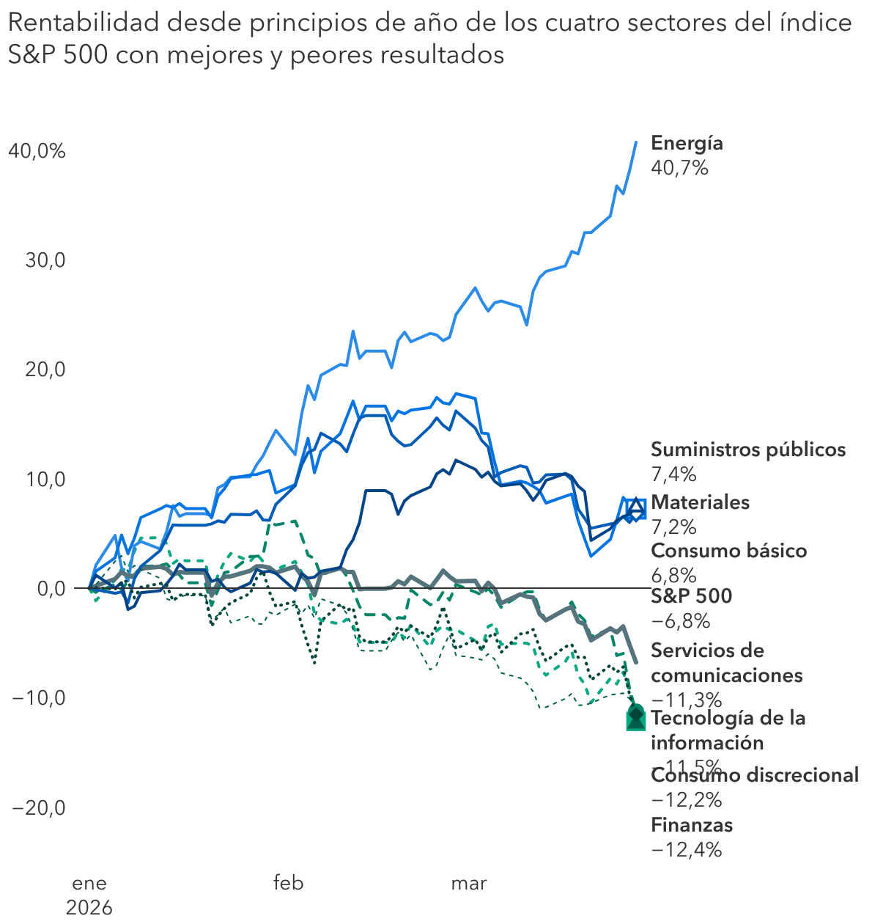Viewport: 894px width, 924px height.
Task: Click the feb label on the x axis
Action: pyautogui.click(x=288, y=883)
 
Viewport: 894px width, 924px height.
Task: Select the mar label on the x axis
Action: pyautogui.click(x=468, y=883)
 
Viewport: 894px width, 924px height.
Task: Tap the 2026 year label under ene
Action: pyautogui.click(x=89, y=908)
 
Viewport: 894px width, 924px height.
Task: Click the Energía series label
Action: pyautogui.click(x=687, y=143)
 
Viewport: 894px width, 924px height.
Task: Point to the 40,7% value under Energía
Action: pyautogui.click(x=679, y=168)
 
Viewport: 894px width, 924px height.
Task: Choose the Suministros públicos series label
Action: pyautogui.click(x=747, y=450)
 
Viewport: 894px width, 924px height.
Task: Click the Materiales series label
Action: pyautogui.click(x=700, y=502)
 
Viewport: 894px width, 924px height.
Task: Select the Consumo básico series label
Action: pyautogui.click(x=728, y=551)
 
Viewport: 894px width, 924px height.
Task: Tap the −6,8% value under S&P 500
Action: pyautogui.click(x=680, y=621)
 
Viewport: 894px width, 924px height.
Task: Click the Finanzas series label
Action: pyautogui.click(x=691, y=825)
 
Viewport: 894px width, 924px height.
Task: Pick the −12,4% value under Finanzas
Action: pyautogui.click(x=686, y=850)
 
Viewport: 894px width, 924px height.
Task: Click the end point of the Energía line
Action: pyautogui.click(x=635, y=142)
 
